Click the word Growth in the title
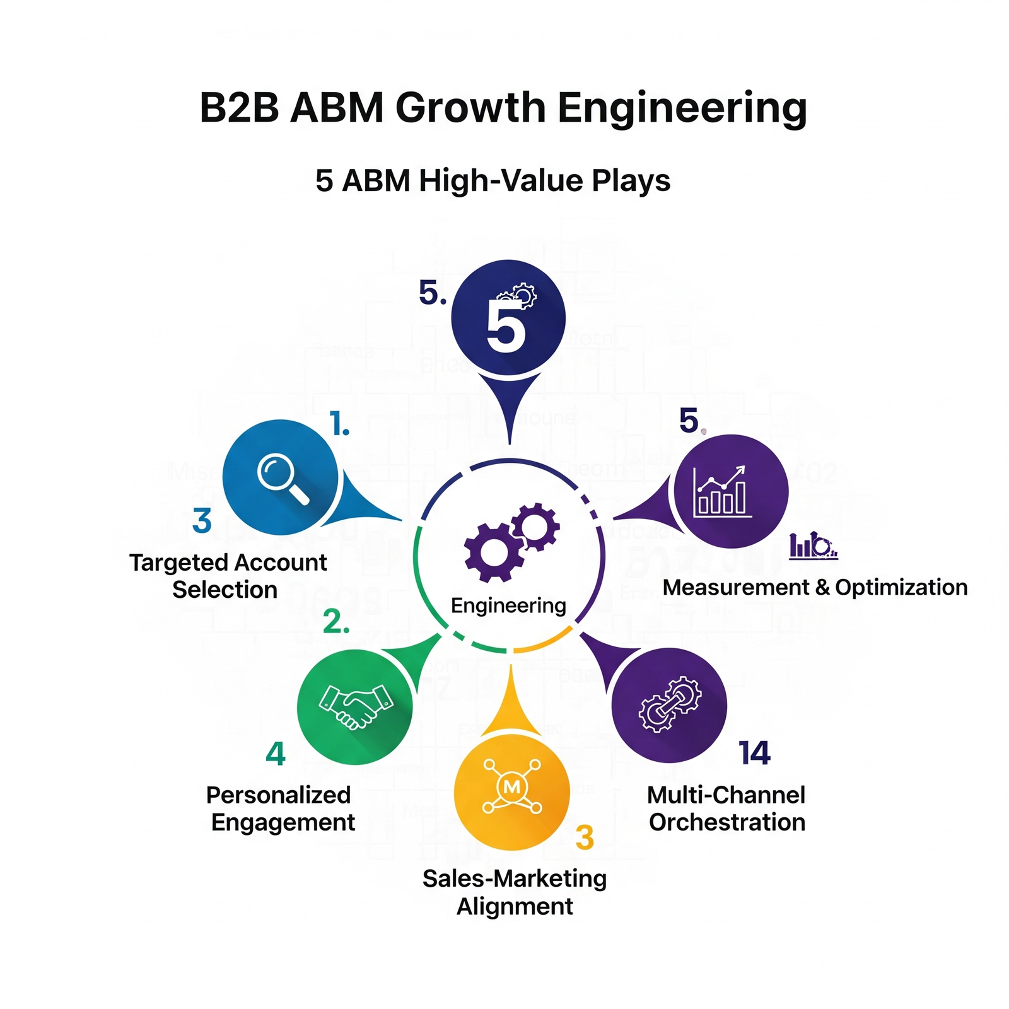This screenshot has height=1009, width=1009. point(470,108)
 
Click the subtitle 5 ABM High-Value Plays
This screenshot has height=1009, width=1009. point(493,181)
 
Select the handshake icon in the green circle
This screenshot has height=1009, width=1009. point(355,707)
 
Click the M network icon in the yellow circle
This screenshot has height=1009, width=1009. point(511,787)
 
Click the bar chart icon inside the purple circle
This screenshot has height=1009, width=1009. point(721,493)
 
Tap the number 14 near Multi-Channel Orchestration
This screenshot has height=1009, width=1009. point(754,753)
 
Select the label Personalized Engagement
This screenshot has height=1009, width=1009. point(281,808)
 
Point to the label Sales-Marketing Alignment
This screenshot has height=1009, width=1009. point(514,892)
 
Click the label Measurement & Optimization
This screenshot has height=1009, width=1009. point(815,587)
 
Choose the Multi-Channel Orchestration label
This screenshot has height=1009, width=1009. point(726,808)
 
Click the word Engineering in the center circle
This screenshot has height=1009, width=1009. point(508,605)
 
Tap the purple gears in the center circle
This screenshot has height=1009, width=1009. point(511,542)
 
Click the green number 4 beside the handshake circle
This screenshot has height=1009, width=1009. point(276,754)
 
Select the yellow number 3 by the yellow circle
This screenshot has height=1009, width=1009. point(585,837)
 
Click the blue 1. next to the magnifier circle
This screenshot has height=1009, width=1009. point(340,424)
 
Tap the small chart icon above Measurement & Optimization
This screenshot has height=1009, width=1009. point(813,545)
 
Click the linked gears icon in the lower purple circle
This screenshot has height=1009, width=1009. point(669,705)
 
